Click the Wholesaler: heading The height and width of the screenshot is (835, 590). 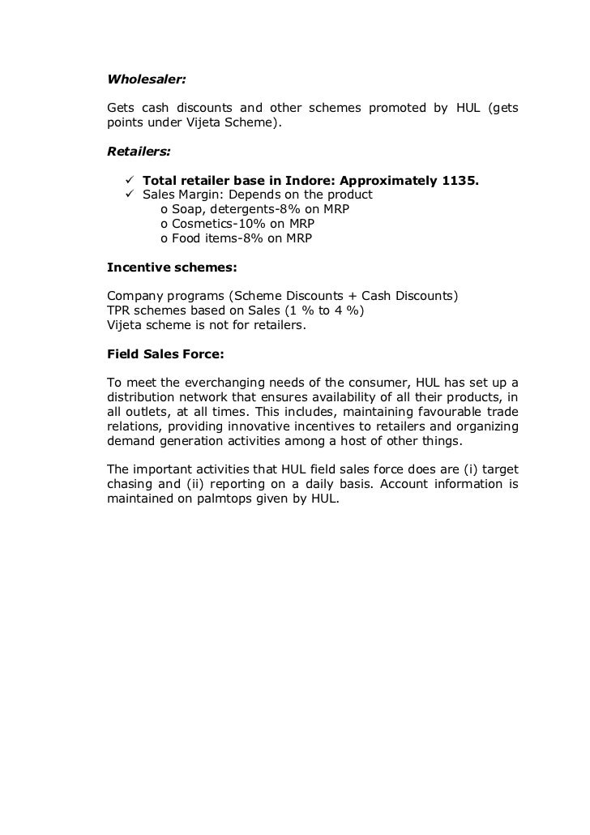pos(147,80)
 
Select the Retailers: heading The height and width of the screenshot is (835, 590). pos(139,151)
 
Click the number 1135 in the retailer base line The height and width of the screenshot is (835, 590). pos(460,180)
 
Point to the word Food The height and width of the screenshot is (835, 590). pos(187,238)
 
